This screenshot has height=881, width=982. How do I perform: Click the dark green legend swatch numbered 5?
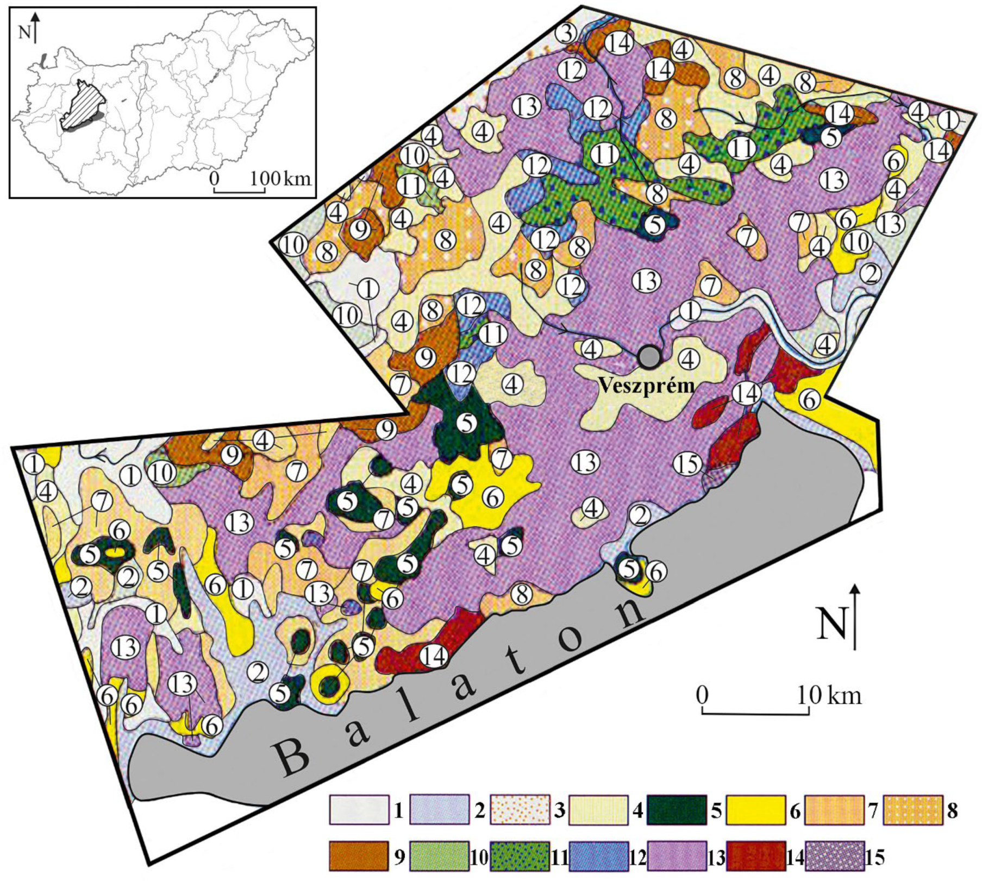coord(677,809)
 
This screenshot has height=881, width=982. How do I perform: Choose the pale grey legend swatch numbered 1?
coord(359,809)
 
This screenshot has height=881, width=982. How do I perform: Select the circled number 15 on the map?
coord(687,464)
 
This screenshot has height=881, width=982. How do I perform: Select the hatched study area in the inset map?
coord(83,106)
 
